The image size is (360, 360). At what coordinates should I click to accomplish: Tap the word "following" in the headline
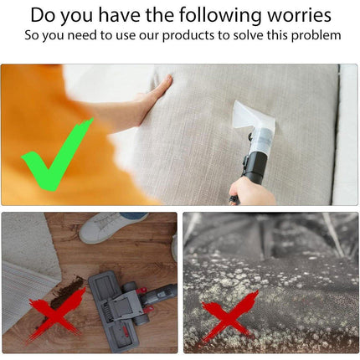coord(220,16)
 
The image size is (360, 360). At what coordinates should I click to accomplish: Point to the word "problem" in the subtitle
coord(316,36)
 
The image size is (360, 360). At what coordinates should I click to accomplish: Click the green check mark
coord(57,154)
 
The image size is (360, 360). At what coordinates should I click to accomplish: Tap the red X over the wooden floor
coord(55,316)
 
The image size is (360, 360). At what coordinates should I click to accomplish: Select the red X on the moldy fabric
coord(229,316)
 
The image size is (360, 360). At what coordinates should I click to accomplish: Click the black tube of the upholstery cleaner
coord(254,166)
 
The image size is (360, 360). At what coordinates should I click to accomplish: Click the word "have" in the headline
coord(120,15)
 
